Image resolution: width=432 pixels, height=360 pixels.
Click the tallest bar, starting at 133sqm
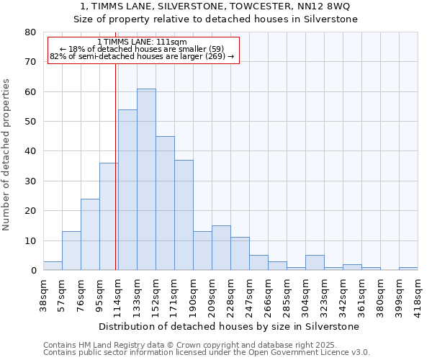coord(146,179)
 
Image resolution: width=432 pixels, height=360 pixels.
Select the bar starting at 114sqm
coord(127,190)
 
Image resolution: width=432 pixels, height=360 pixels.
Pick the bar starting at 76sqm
coord(90,235)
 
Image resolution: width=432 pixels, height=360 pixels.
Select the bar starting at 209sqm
coord(221,248)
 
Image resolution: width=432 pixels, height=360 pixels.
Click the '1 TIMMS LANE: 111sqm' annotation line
coord(143,42)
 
